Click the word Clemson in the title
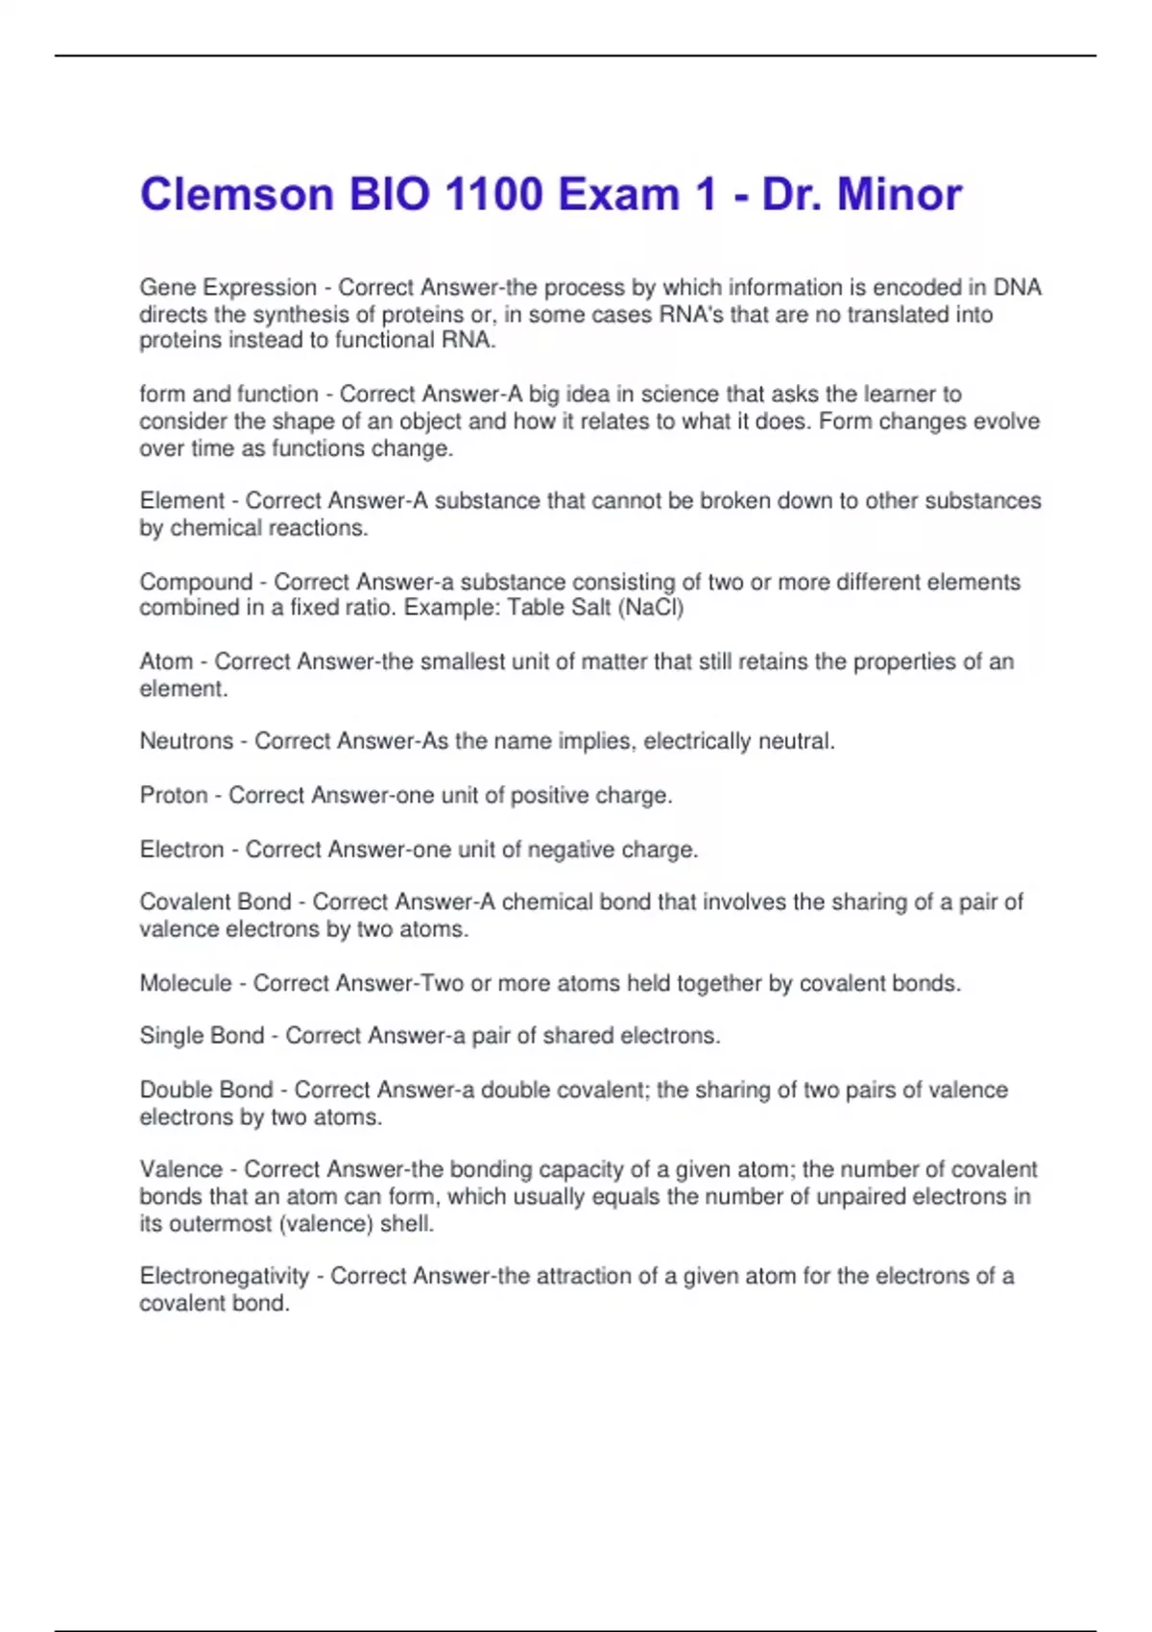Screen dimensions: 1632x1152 (x=236, y=195)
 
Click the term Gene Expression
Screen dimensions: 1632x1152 (x=228, y=287)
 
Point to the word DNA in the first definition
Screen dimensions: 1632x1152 (x=1017, y=287)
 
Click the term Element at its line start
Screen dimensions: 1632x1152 (x=182, y=500)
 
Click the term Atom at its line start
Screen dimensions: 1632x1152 (x=166, y=661)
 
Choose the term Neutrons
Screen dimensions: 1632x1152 (x=186, y=741)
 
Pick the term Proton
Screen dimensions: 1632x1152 (x=174, y=795)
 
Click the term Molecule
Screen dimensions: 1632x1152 (x=185, y=983)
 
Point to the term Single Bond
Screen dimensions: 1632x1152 (x=202, y=1036)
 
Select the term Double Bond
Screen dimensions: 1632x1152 (x=206, y=1090)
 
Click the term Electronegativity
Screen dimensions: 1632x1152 (x=224, y=1276)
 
